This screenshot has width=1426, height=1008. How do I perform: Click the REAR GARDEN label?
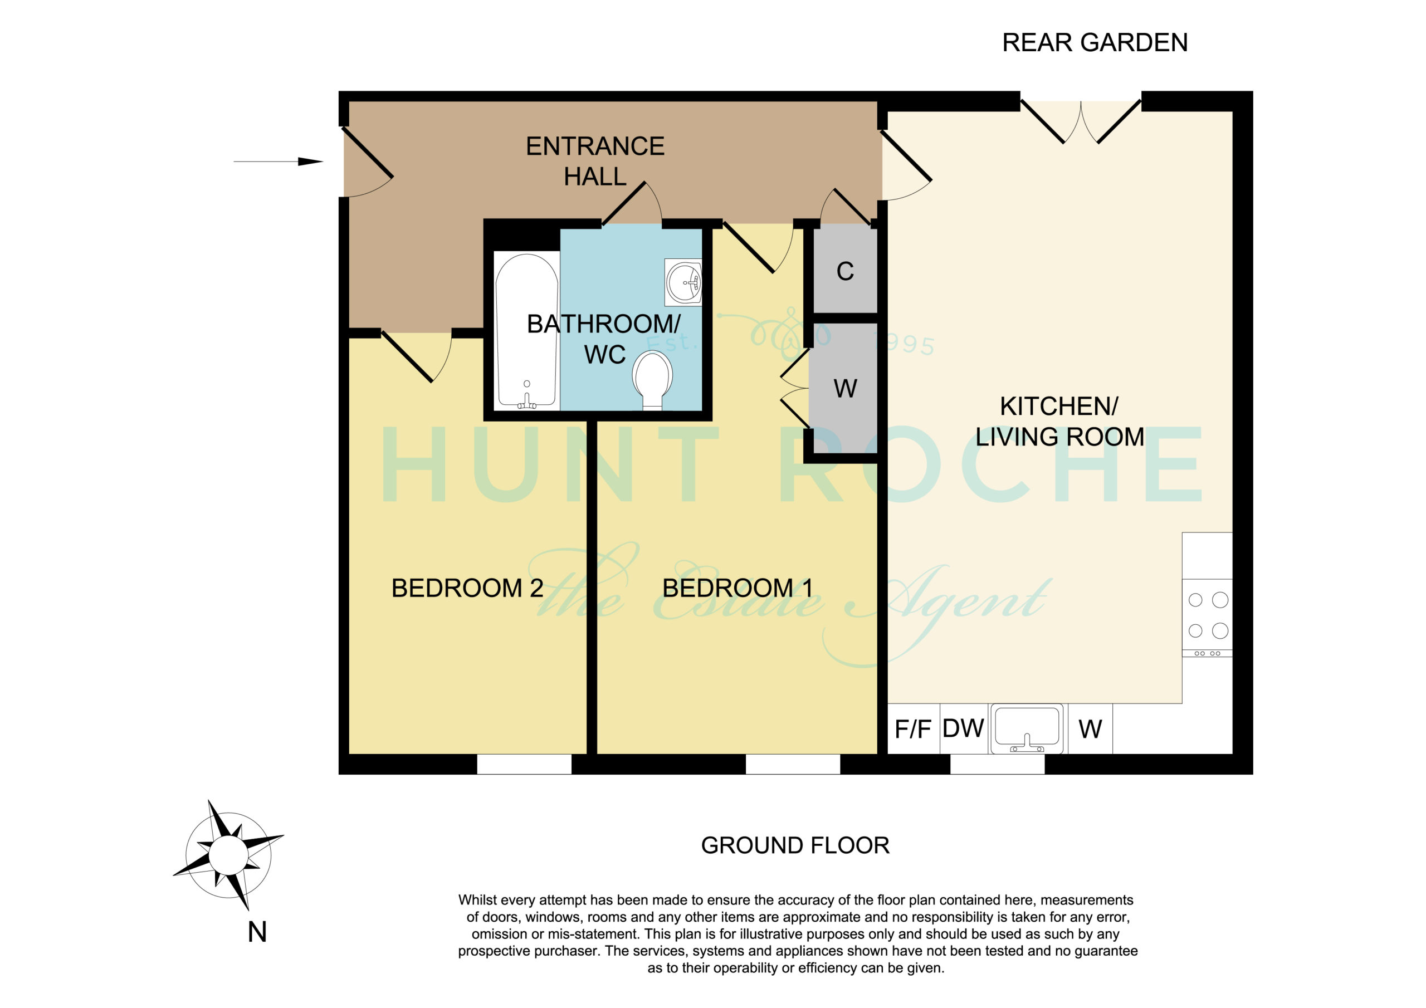coord(1095,43)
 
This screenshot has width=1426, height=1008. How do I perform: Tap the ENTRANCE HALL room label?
coord(595,162)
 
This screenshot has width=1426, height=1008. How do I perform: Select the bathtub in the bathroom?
coord(527,331)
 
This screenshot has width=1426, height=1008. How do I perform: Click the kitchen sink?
coord(1026,728)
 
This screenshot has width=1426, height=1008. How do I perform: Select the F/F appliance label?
coord(912,729)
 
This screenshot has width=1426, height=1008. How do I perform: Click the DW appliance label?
coord(963,728)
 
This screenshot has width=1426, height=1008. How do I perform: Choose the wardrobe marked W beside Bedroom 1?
coord(843,388)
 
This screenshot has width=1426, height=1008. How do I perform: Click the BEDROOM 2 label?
coord(467,588)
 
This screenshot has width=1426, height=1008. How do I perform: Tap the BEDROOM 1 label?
coord(737,588)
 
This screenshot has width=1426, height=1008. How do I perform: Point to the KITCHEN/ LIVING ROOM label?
coord(1059,421)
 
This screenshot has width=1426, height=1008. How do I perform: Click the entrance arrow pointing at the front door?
coord(279,162)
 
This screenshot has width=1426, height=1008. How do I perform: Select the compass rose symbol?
coord(228,855)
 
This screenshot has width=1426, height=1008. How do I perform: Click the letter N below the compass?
coord(257,932)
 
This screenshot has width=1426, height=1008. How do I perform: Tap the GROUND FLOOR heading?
coord(795,846)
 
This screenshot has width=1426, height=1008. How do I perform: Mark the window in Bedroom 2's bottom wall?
coord(524,764)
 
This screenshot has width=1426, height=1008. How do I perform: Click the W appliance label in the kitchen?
coord(1090,729)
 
